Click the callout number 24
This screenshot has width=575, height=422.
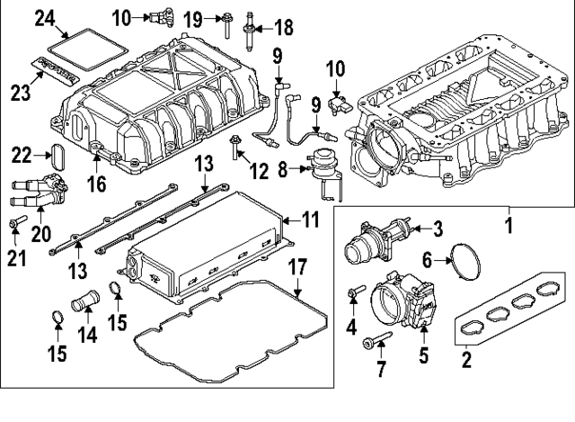point(45,17)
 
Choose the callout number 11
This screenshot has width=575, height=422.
point(310,218)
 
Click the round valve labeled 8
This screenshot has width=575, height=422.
point(318,166)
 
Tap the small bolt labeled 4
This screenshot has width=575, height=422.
point(355,292)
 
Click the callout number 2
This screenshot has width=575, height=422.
point(467,362)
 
